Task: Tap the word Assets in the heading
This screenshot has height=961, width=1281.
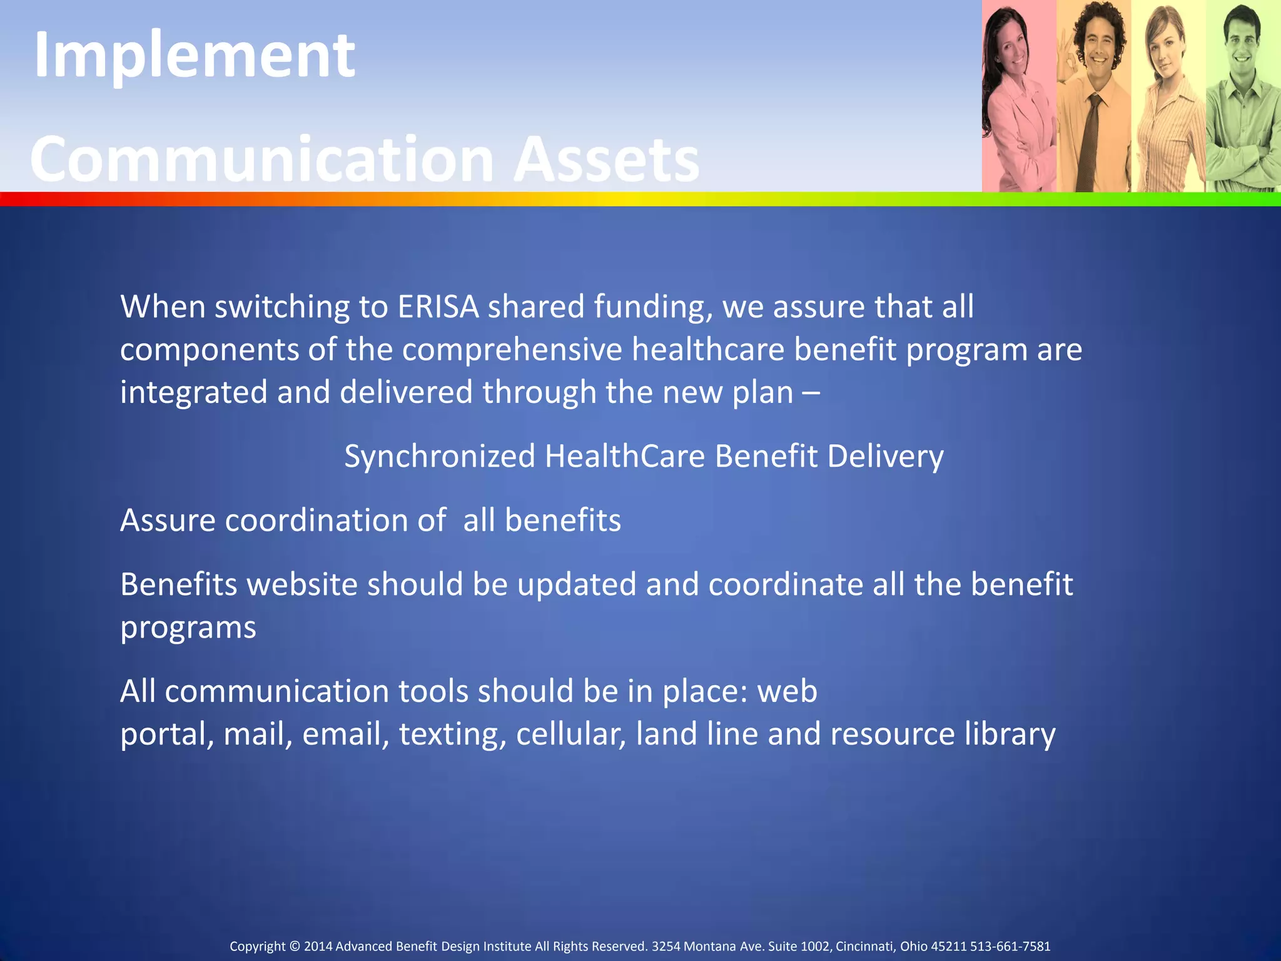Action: pos(605,160)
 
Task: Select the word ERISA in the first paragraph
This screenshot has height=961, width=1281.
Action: pos(438,307)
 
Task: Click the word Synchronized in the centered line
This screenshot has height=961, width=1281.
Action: pos(440,456)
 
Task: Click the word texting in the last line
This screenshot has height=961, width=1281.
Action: pos(452,734)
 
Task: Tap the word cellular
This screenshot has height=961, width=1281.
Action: pos(571,734)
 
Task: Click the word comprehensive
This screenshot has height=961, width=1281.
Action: pos(512,349)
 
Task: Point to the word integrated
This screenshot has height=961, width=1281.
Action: pos(193,393)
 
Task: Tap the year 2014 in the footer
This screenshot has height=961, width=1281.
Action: pos(318,947)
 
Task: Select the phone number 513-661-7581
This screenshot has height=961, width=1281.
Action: pos(1010,947)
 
